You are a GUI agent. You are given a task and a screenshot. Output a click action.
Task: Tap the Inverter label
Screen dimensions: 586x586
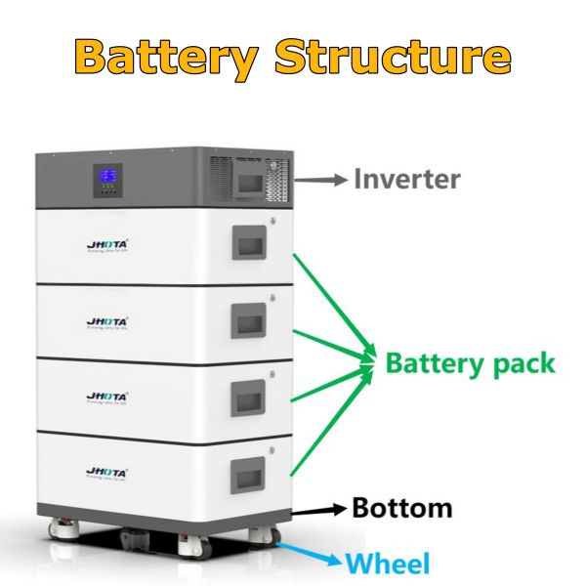pyautogui.click(x=406, y=180)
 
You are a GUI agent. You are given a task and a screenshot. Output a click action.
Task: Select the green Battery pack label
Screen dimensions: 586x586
pyautogui.click(x=470, y=363)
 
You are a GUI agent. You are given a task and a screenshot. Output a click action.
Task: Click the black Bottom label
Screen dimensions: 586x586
pyautogui.click(x=401, y=508)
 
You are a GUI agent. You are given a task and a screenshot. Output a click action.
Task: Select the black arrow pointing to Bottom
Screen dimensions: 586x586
pyautogui.click(x=318, y=509)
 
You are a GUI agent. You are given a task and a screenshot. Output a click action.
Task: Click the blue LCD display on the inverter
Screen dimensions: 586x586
pyautogui.click(x=107, y=179)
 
